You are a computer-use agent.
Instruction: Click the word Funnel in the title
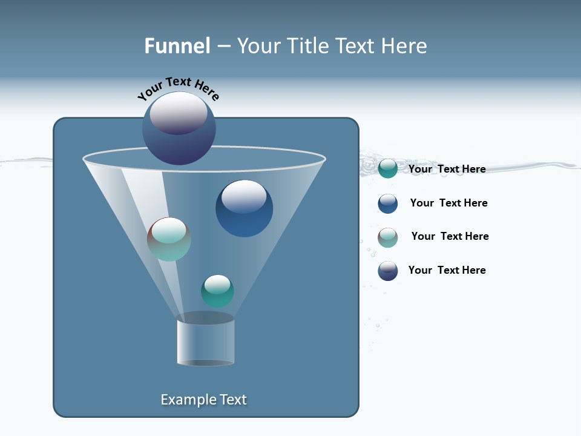[177, 45]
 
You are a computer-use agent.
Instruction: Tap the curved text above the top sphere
[179, 88]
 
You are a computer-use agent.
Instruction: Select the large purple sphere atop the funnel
[179, 128]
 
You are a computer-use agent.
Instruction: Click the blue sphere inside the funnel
[244, 209]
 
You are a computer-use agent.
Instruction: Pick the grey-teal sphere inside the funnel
[169, 239]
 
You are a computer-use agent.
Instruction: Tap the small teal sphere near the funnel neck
[217, 291]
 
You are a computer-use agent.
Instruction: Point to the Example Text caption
[204, 400]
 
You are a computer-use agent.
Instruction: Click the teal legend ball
[388, 169]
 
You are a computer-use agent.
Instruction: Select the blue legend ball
[388, 203]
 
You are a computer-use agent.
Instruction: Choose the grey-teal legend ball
[388, 237]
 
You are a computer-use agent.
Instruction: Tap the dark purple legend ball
[388, 271]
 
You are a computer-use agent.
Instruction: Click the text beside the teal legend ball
[447, 169]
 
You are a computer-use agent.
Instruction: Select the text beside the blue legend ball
[448, 203]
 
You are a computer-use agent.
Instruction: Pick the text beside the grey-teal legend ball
[450, 236]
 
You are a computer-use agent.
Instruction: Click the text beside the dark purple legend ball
[447, 270]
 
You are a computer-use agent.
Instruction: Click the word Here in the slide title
[405, 45]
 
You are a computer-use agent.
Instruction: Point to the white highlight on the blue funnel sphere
[244, 196]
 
